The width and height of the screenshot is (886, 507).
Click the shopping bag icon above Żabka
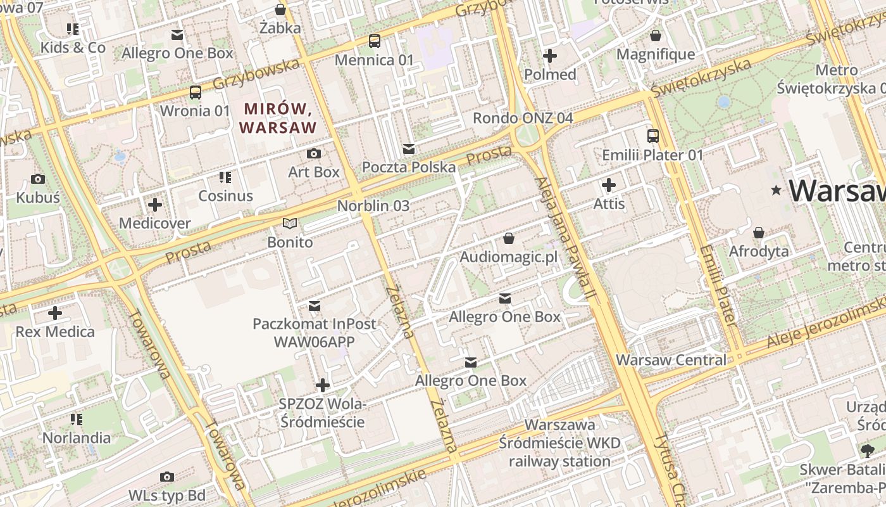tap(280, 10)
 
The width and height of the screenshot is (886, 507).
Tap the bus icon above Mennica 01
tap(375, 41)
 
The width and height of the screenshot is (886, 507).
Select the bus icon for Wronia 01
tap(196, 92)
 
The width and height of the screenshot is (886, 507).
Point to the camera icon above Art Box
tap(313, 153)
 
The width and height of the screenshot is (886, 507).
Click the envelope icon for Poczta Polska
tap(409, 149)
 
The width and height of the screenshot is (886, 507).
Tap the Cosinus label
tap(225, 196)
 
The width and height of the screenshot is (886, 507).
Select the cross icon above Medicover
tap(155, 205)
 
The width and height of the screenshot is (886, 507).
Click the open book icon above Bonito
tap(290, 224)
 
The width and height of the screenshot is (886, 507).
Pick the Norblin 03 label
tap(373, 206)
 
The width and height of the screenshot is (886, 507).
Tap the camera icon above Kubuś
tap(38, 179)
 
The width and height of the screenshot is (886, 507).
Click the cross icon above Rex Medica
tap(55, 313)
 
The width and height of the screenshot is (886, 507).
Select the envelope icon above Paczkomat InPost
tap(314, 306)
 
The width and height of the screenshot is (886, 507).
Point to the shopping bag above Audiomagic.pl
tap(508, 238)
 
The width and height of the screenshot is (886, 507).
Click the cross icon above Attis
tap(609, 185)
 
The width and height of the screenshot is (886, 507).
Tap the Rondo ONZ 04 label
tap(523, 118)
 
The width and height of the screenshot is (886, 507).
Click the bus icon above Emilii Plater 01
tap(652, 136)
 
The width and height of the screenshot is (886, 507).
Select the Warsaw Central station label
tap(671, 360)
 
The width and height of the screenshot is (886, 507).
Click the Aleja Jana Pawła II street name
tap(566, 238)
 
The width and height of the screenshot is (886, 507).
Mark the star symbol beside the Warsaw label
tap(776, 190)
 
